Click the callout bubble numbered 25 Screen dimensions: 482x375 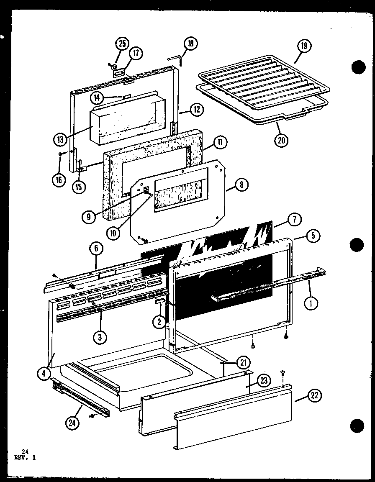pyautogui.click(x=123, y=44)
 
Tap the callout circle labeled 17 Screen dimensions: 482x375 pyautogui.click(x=136, y=53)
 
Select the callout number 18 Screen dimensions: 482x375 pyautogui.click(x=191, y=44)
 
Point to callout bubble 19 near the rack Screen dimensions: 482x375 pyautogui.click(x=304, y=46)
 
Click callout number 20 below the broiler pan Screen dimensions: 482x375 pyautogui.click(x=282, y=140)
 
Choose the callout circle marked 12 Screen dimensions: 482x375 pyautogui.click(x=197, y=110)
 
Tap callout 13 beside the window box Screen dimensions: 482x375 pyautogui.click(x=61, y=138)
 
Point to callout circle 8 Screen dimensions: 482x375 pyautogui.click(x=242, y=185)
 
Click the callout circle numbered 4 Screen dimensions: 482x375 pyautogui.click(x=44, y=373)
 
